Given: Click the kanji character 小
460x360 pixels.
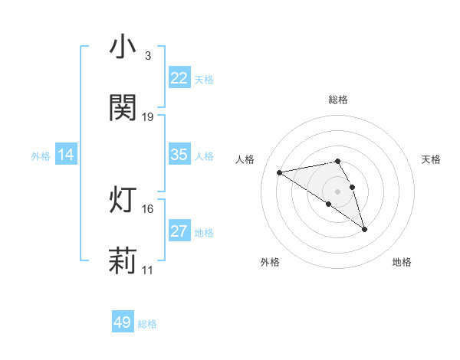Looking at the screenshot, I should click(x=123, y=47).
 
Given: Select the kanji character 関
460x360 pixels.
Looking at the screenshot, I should click(x=123, y=108).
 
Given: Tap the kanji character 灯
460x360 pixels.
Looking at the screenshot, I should click(x=123, y=201).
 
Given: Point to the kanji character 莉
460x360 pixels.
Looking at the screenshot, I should click(x=123, y=261).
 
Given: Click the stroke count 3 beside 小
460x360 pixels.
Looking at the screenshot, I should click(x=148, y=56).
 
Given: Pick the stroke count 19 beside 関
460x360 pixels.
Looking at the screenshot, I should click(x=148, y=117).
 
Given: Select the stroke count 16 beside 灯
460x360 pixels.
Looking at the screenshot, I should click(x=148, y=209).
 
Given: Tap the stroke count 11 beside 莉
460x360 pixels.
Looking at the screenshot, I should click(x=148, y=270).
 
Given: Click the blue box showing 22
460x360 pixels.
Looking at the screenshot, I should click(x=179, y=78).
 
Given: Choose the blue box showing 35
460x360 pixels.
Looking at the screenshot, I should click(x=179, y=155).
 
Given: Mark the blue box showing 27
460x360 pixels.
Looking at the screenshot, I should click(x=179, y=231).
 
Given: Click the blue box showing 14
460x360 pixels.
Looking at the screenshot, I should click(x=66, y=155).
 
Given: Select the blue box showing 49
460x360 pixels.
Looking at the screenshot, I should click(x=123, y=322).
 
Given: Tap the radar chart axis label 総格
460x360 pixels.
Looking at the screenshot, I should click(x=338, y=100).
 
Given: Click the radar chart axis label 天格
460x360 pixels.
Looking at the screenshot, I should click(x=432, y=159).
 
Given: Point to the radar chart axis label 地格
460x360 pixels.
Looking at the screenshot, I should click(x=402, y=262).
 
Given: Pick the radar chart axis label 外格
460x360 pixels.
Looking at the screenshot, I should click(x=270, y=262).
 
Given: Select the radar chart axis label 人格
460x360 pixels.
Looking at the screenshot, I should click(x=246, y=159).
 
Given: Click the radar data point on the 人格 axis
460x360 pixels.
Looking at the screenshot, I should click(x=280, y=172).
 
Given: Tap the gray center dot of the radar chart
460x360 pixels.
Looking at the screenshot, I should click(x=338, y=191).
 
